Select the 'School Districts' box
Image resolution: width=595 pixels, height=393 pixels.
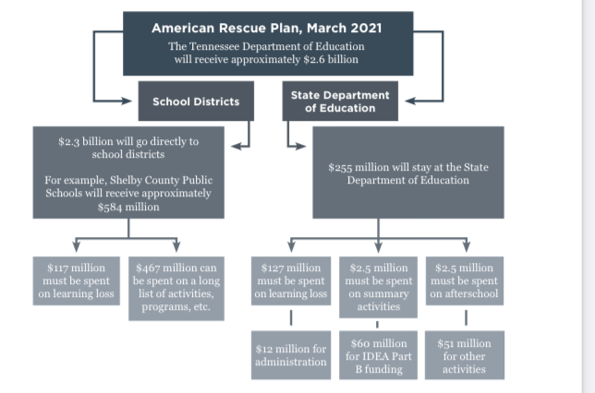click(196, 101)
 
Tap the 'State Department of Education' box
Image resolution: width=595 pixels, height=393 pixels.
click(340, 101)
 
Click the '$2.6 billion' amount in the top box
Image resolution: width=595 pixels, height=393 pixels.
click(334, 59)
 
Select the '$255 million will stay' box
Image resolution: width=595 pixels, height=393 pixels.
click(408, 173)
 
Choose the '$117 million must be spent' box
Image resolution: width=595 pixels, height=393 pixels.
click(77, 281)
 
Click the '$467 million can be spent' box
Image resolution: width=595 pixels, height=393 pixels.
click(176, 288)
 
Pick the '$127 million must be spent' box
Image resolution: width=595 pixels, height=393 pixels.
click(291, 281)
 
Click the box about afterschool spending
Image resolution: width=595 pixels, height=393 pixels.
click(465, 281)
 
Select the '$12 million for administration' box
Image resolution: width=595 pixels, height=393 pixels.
click(291, 355)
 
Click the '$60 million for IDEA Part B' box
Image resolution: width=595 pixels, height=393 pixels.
click(377, 355)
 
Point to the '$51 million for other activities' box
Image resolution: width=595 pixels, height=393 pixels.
click(465, 355)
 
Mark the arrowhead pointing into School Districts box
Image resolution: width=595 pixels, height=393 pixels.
click(130, 101)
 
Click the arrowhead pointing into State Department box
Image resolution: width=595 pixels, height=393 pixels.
click(407, 101)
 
